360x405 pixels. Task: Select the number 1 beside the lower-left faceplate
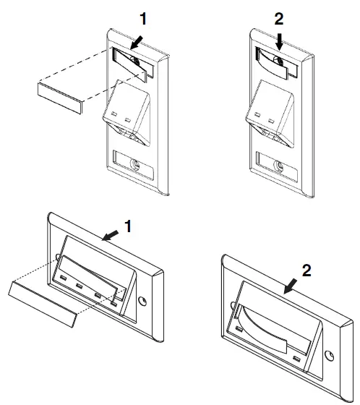tap(129, 226)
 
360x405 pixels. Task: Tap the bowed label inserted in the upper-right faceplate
tap(276, 63)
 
